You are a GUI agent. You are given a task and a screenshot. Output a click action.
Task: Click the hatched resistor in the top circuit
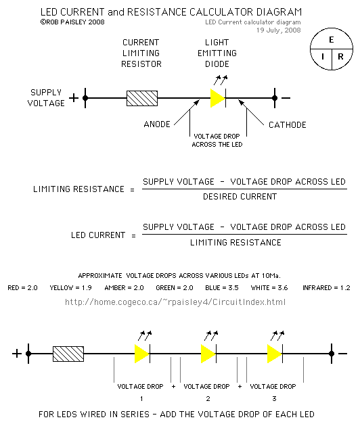[x=142, y=98]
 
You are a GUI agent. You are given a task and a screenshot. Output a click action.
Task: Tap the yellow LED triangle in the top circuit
[x=217, y=98]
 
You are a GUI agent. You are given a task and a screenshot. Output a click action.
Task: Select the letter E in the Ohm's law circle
[x=331, y=40]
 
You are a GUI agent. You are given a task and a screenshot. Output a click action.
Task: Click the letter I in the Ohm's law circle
[x=322, y=57]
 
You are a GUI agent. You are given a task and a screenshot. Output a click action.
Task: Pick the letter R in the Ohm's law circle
[x=340, y=57]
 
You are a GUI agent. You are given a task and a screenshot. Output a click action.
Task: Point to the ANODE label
[x=157, y=125]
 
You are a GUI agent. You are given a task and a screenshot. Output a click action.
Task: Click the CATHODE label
[x=288, y=125]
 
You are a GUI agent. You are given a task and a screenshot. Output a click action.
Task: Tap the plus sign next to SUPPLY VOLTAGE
[x=73, y=98]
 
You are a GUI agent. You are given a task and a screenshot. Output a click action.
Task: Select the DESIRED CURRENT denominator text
[x=240, y=197]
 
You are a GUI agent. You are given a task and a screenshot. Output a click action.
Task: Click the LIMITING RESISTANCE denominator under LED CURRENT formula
[x=235, y=242]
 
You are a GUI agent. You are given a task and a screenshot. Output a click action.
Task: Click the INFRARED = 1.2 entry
[x=326, y=287]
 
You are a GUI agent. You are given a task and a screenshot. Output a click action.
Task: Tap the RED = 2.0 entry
[x=24, y=287]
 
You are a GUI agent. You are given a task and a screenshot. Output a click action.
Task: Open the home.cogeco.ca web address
[x=175, y=302]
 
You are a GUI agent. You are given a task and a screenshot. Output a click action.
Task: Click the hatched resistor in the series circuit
[x=68, y=353]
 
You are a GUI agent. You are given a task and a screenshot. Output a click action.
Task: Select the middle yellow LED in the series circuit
[x=208, y=353]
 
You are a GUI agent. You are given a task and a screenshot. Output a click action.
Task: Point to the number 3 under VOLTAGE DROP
[x=273, y=399]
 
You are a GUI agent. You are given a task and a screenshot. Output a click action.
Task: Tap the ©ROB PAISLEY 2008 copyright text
[x=73, y=22]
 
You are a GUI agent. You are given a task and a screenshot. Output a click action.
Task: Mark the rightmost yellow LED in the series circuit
[x=274, y=353]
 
